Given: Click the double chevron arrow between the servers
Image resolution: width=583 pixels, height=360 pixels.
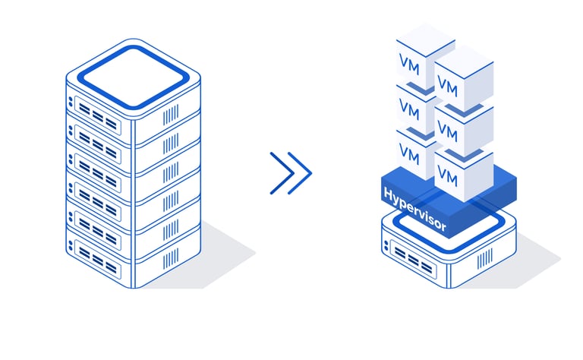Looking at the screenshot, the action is (x=290, y=172).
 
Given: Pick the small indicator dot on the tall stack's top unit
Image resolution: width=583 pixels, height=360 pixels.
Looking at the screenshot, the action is (x=72, y=101).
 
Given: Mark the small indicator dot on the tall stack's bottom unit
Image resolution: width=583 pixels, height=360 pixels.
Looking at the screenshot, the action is (x=72, y=245).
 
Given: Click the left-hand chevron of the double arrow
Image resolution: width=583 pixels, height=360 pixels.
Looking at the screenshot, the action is (x=280, y=172).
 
